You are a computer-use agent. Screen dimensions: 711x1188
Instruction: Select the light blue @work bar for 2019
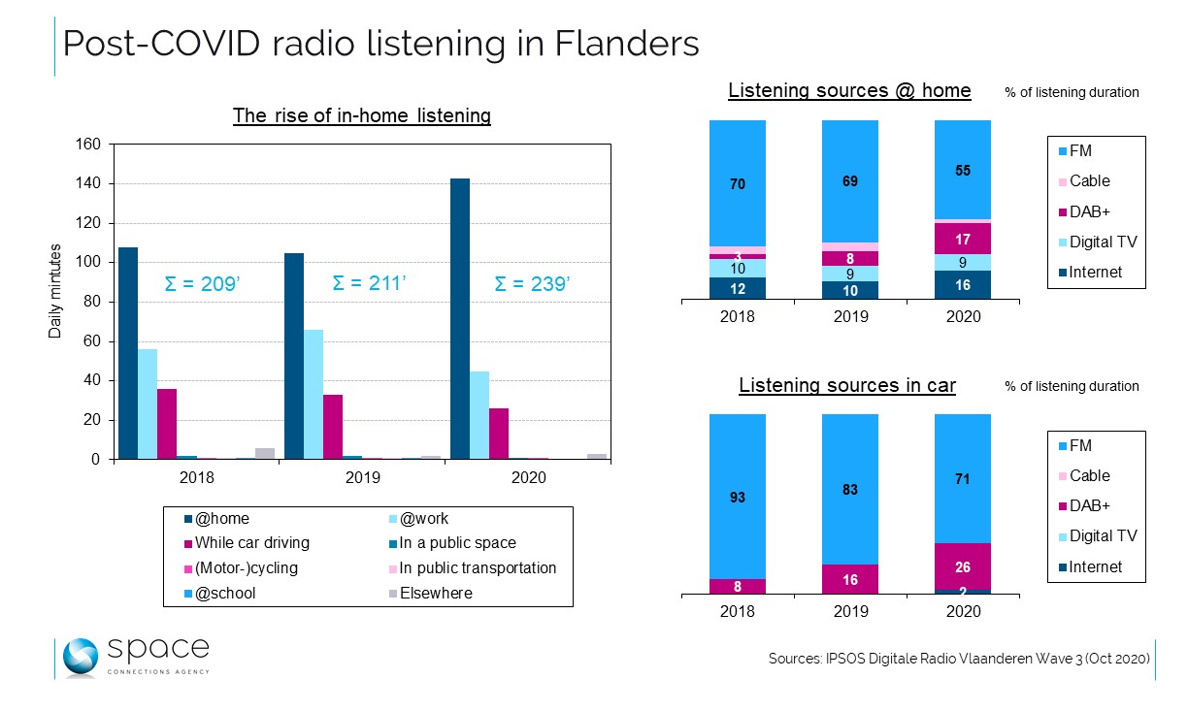tap(313, 394)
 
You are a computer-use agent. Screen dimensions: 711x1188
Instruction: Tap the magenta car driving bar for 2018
tap(167, 423)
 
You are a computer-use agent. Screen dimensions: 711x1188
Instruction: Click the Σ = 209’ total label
tap(203, 285)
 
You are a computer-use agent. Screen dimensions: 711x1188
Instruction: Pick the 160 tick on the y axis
tap(88, 145)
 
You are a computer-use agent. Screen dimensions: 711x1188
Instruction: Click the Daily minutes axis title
tap(56, 291)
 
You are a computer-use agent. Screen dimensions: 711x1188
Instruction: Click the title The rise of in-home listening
tap(361, 116)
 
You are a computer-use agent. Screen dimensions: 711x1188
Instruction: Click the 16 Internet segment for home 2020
tap(962, 285)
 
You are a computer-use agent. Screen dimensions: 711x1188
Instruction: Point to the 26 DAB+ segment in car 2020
tap(962, 566)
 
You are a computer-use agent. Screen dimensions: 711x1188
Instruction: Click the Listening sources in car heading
tap(847, 386)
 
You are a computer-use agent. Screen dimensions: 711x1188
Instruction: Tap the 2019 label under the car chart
tap(849, 612)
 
